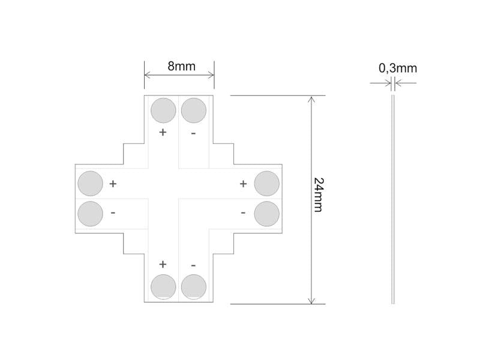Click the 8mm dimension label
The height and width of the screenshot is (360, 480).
[x=181, y=66]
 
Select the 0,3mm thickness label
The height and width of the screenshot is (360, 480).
[x=397, y=68]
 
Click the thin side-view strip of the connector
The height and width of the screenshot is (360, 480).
[x=393, y=198]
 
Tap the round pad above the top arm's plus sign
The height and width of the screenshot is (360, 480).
[x=163, y=111]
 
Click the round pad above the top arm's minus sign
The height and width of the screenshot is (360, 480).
[x=194, y=111]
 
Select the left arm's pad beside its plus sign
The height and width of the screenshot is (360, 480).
[x=91, y=184]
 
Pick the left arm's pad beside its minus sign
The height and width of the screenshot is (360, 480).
[x=91, y=214]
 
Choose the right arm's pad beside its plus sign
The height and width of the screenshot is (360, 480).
[x=267, y=184]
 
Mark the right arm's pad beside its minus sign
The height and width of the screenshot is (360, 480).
[x=267, y=214]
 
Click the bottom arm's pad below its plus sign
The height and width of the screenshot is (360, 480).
[x=163, y=286]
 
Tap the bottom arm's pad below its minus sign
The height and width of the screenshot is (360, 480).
[x=194, y=286]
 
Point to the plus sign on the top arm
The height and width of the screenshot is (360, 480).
[x=163, y=132]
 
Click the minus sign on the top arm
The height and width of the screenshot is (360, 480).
[x=193, y=133]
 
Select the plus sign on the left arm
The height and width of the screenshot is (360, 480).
[x=113, y=183]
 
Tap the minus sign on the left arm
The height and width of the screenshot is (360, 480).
[x=113, y=212]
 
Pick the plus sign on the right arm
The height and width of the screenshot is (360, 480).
[x=243, y=183]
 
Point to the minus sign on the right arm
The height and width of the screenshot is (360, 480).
[x=243, y=212]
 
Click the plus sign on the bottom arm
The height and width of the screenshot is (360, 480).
[x=163, y=264]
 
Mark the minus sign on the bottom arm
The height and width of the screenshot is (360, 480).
[x=193, y=265]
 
